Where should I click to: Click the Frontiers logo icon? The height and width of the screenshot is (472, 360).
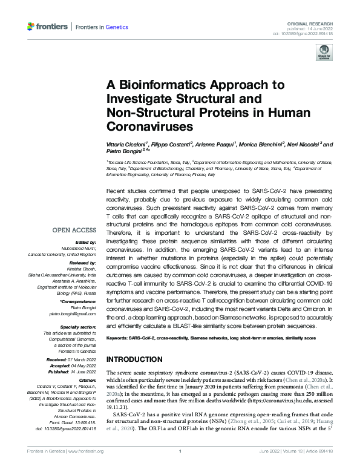click(x=31, y=26)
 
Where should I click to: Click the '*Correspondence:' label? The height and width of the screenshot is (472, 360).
click(x=79, y=301)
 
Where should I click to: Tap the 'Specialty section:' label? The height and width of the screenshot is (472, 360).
click(x=79, y=326)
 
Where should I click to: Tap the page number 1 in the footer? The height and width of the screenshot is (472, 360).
click(x=180, y=468)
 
